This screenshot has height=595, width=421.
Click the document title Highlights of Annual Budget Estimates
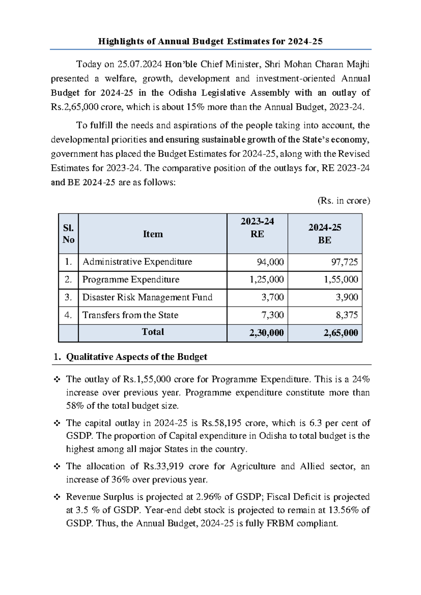click(210, 41)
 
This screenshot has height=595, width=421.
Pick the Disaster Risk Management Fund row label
click(147, 297)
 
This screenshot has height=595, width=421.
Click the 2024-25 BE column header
click(325, 234)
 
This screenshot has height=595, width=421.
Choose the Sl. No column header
click(68, 234)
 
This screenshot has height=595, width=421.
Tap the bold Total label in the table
click(153, 332)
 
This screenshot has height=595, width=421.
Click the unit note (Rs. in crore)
click(343, 201)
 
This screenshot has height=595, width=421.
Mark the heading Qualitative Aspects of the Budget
click(136, 357)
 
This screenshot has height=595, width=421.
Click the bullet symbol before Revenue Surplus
click(57, 497)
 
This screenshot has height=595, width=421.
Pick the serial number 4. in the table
click(68, 315)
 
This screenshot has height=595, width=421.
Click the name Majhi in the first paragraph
click(358, 64)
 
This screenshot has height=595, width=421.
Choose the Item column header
click(153, 234)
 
